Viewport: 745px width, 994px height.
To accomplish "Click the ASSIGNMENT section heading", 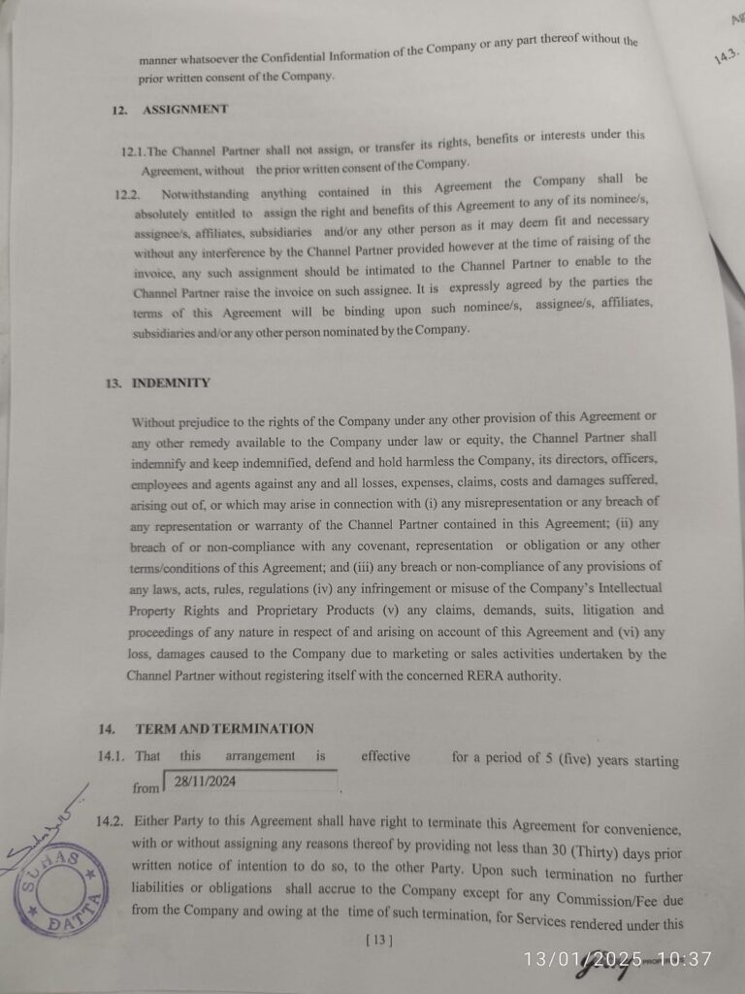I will [185, 110].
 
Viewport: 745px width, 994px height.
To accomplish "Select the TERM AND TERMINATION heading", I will [224, 729].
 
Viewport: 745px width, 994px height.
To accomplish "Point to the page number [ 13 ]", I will [379, 939].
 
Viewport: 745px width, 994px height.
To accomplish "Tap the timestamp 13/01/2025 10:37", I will [617, 959].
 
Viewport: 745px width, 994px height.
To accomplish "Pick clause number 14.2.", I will [111, 821].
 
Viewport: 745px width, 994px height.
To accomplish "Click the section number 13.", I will [113, 383].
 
